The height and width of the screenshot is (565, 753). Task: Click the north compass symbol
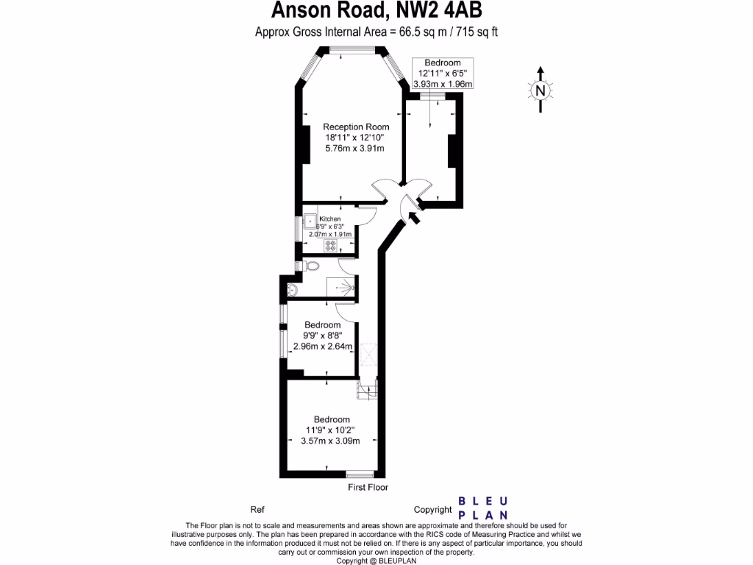pyautogui.click(x=540, y=90)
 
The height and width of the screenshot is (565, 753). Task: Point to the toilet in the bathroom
pyautogui.click(x=312, y=266)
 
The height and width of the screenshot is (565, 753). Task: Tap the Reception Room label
pyautogui.click(x=357, y=127)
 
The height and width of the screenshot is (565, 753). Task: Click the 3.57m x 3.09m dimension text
pyautogui.click(x=330, y=441)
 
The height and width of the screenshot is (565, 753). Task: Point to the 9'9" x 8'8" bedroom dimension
pyautogui.click(x=323, y=336)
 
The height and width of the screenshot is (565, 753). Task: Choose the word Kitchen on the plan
pyautogui.click(x=330, y=219)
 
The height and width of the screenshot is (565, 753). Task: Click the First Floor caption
pyautogui.click(x=368, y=488)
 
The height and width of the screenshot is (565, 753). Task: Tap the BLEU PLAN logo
pyautogui.click(x=482, y=508)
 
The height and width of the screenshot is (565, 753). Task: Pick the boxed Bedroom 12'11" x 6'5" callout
pyautogui.click(x=443, y=74)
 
